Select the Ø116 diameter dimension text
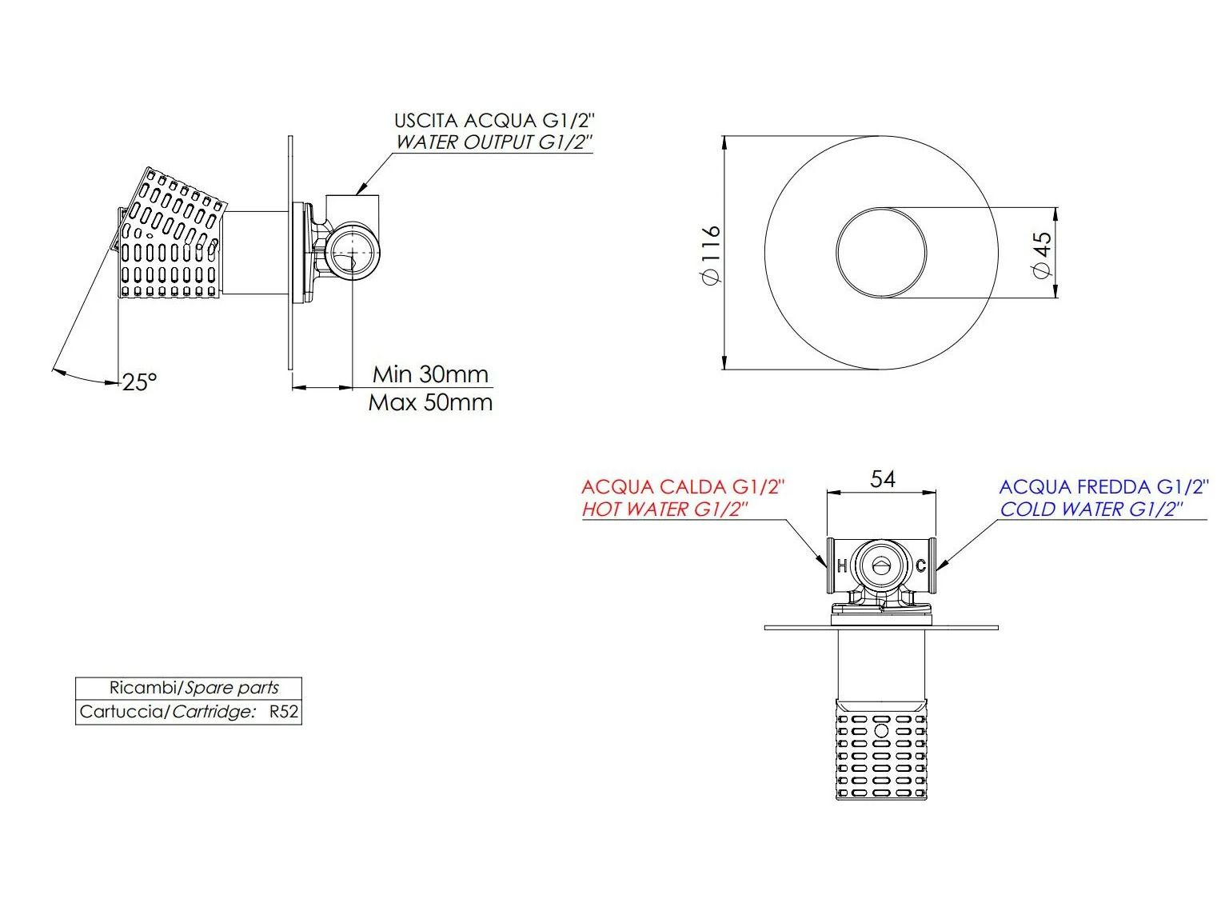pos(710,254)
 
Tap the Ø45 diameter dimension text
pos(1042,254)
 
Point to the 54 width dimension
pos(882,479)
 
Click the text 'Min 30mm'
pos(430,374)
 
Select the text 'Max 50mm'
pos(430,402)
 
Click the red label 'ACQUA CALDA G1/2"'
pos(683,487)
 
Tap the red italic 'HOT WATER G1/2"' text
pos(664,509)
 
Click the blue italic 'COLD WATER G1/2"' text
pos(1091,509)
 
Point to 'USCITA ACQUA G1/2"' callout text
pos(495,121)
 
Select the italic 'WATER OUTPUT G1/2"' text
pos(495,142)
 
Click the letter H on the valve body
pos(841,566)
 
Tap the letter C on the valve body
pos(920,566)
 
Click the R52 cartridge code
pos(284,712)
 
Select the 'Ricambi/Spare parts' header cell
pos(189,688)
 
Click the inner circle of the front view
pos(881,254)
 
